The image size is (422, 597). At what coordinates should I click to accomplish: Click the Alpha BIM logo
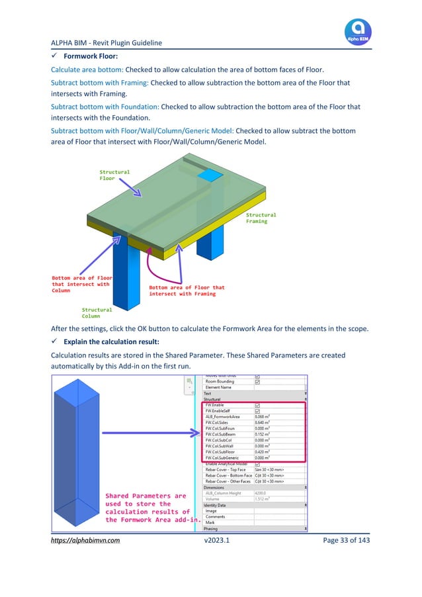pos(358,32)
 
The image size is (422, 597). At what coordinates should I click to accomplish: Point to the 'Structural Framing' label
pos(261,218)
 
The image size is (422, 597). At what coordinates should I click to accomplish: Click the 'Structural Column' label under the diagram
pos(97,313)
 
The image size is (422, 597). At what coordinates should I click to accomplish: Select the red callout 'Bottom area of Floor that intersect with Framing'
pos(187,291)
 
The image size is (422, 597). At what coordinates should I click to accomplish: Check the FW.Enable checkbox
pos(257,404)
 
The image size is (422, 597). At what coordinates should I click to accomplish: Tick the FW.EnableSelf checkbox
pos(257,411)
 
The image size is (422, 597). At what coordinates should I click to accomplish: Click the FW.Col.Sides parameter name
pos(218,422)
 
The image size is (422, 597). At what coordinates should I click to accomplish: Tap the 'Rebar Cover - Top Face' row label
pos(226,470)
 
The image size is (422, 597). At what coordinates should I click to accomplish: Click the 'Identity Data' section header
pos(219,505)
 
